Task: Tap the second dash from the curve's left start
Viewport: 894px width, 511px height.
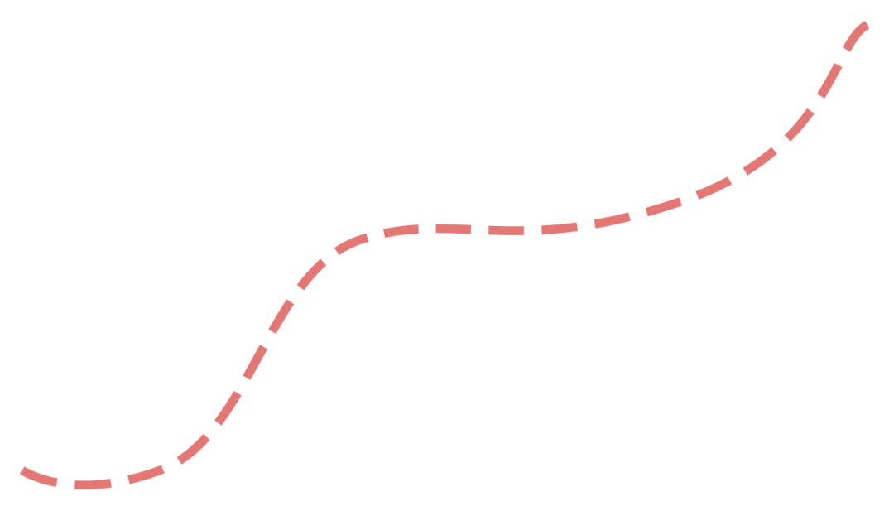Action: coord(92,484)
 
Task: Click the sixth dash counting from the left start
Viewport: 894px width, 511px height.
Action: coord(254,362)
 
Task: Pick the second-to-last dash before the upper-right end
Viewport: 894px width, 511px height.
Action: coord(829,80)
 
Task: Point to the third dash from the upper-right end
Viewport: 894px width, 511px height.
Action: coord(800,124)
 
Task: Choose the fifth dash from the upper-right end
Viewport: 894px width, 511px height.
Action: coord(714,188)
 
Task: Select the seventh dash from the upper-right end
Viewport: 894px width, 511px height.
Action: coord(612,220)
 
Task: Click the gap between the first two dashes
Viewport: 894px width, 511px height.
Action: coord(65,484)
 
